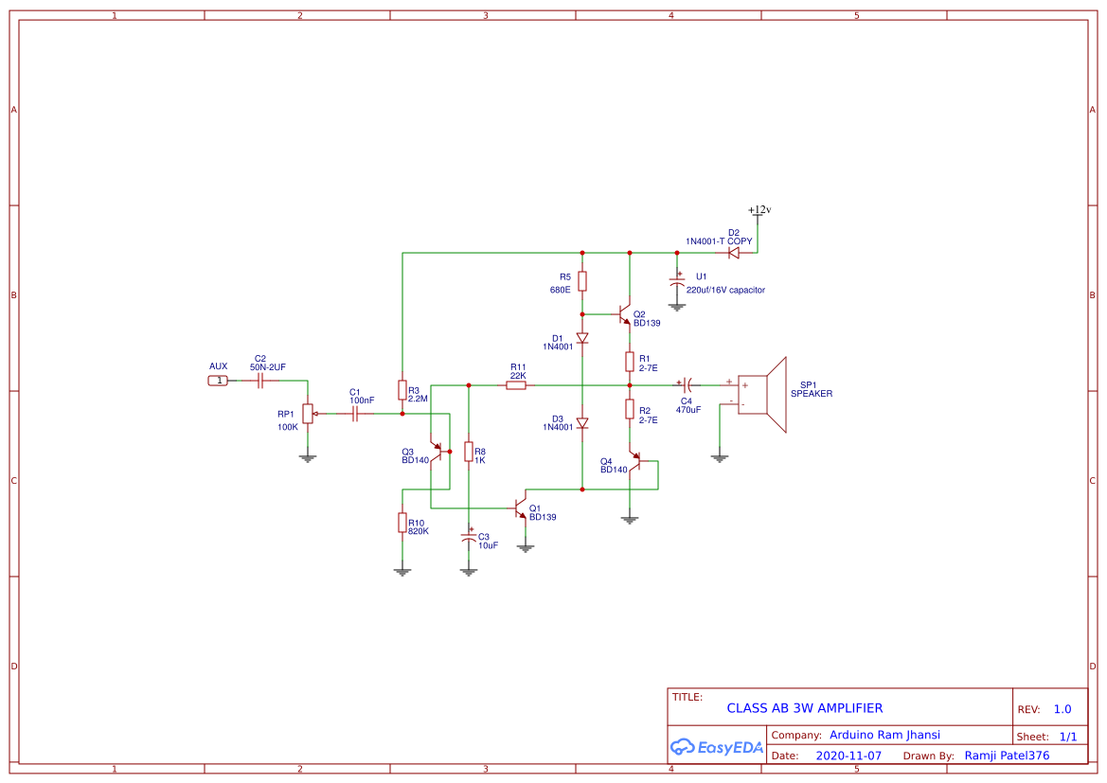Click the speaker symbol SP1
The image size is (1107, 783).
point(763,394)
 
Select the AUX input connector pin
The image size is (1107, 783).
point(218,381)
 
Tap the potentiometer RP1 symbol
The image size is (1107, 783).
point(307,414)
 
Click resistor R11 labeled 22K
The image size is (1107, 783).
point(516,385)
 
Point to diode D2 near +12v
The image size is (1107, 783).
point(733,253)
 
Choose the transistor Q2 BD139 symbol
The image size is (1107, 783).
point(624,314)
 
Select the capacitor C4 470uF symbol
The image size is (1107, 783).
point(687,385)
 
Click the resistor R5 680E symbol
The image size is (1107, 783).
point(582,281)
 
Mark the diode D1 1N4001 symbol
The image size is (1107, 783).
point(582,338)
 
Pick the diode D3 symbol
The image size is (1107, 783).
point(582,422)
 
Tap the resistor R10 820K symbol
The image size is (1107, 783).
point(402,524)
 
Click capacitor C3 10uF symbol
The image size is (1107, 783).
point(468,537)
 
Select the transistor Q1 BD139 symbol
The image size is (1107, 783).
point(521,507)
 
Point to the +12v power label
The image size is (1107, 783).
point(759,210)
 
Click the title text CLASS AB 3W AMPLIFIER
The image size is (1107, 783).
point(804,708)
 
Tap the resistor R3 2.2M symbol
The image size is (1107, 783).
point(402,392)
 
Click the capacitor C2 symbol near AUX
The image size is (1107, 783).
point(260,381)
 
